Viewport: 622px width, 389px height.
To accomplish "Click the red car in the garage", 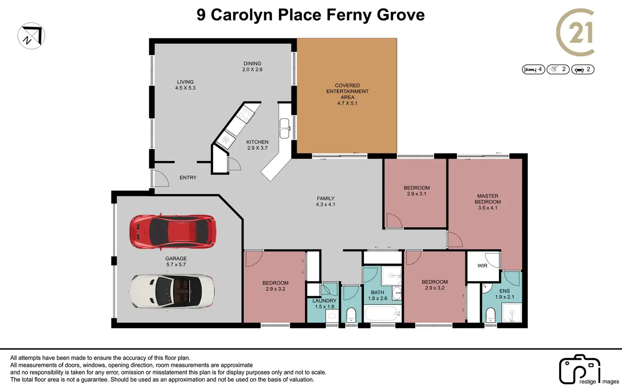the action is (172, 231).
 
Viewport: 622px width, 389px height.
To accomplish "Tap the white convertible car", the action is (171, 291).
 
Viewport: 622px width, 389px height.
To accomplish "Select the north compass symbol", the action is (31, 36).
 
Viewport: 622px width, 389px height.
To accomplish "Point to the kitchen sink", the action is (284, 128).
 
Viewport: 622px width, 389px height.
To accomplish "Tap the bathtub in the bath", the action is (382, 314).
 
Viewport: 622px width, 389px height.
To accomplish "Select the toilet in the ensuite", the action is (491, 315).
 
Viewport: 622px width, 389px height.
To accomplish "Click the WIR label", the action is (482, 266).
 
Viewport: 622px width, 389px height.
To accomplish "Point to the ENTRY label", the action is (188, 178).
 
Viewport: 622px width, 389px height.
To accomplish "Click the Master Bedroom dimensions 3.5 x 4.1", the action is (488, 208).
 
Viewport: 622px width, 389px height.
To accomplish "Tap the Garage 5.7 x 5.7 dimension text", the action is (176, 265).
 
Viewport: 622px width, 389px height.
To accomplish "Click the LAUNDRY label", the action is (325, 301).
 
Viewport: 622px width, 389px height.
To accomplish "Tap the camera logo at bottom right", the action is (579, 370).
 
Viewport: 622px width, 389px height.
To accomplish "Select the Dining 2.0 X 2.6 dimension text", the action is (252, 69).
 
